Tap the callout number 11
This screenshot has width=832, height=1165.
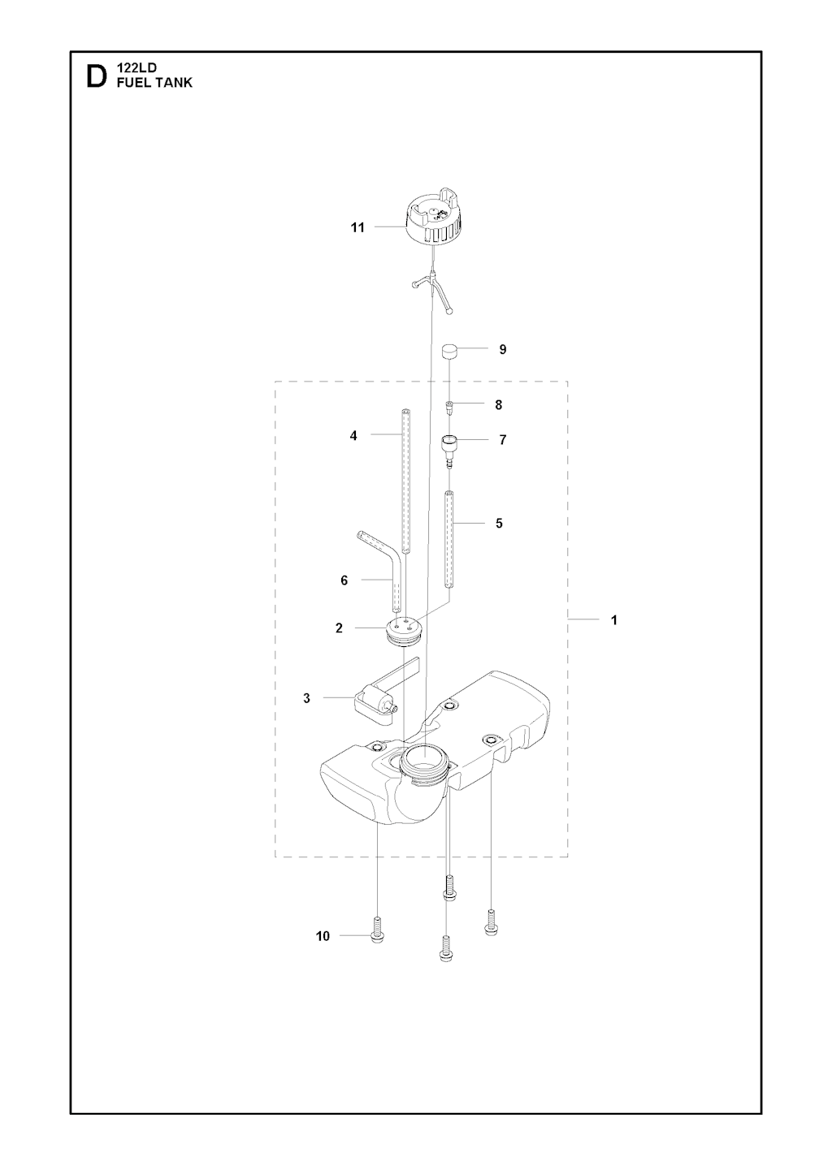coord(357,228)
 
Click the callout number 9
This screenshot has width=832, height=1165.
coord(503,350)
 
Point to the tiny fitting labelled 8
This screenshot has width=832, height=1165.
coord(449,406)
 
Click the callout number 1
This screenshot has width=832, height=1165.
coord(614,620)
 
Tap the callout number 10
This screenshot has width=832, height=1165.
coord(323,937)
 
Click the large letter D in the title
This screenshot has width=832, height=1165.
coord(96,77)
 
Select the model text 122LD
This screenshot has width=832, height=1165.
coord(136,69)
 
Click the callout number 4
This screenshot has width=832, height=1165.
coord(353,436)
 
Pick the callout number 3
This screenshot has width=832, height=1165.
coord(306,698)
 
